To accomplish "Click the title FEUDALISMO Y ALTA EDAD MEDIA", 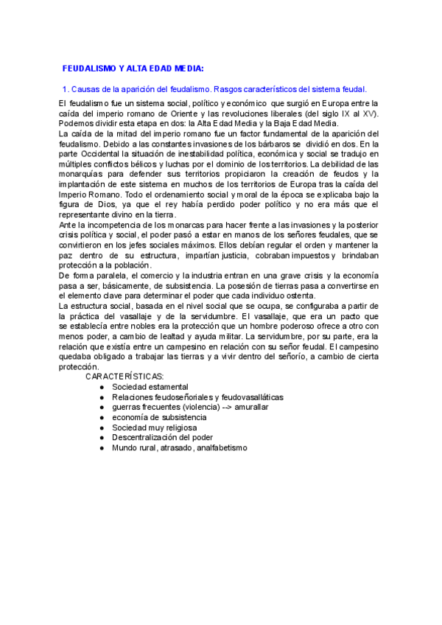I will tap(133, 68).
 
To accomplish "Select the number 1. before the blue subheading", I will tap(66, 89).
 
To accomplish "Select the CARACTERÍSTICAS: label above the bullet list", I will tap(123, 376).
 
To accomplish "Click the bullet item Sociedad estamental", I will tap(150, 386).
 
